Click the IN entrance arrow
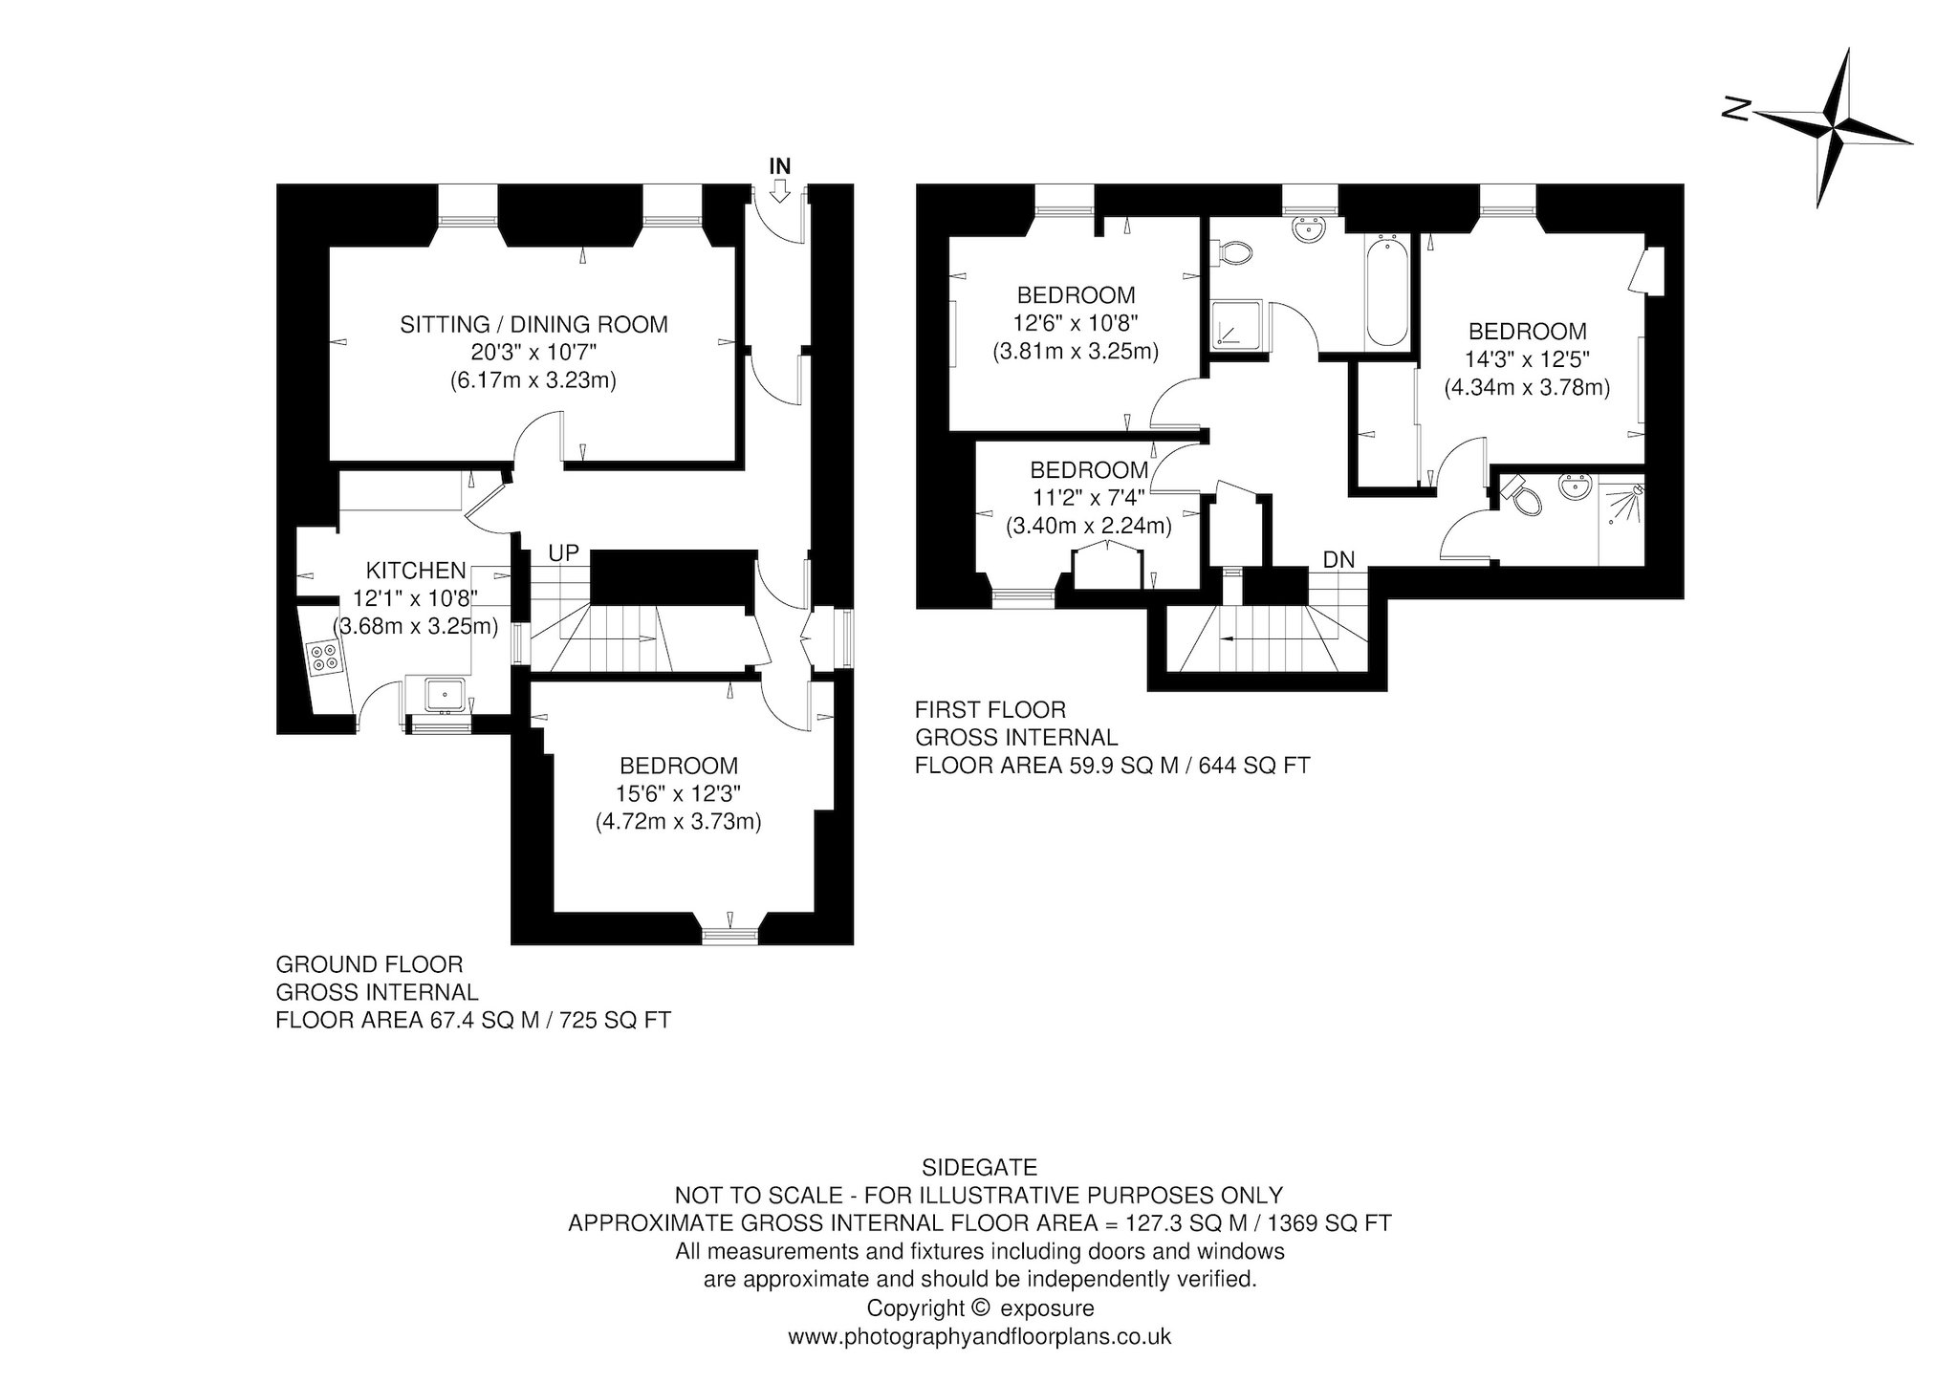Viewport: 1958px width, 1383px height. coord(779,193)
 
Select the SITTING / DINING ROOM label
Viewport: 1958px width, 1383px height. coord(533,324)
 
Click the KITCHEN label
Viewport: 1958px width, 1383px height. coord(416,571)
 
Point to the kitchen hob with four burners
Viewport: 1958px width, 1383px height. coord(322,657)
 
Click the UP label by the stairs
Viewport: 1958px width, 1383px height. coord(563,553)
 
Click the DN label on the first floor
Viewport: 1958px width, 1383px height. coord(1338,560)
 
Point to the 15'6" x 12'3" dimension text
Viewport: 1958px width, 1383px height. coord(679,793)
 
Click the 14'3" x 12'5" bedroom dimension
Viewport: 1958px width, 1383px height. coord(1527,359)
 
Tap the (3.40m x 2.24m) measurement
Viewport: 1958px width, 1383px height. coord(1088,525)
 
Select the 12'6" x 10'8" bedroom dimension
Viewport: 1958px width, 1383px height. coord(1076,323)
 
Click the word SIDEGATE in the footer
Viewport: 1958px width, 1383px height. coord(979,1167)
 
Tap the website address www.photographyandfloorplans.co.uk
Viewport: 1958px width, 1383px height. coord(979,1336)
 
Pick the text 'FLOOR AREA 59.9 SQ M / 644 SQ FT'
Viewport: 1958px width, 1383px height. coord(1112,766)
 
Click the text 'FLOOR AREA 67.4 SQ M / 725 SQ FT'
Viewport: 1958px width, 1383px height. coord(473,1020)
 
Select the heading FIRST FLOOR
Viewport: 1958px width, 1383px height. coord(990,710)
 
